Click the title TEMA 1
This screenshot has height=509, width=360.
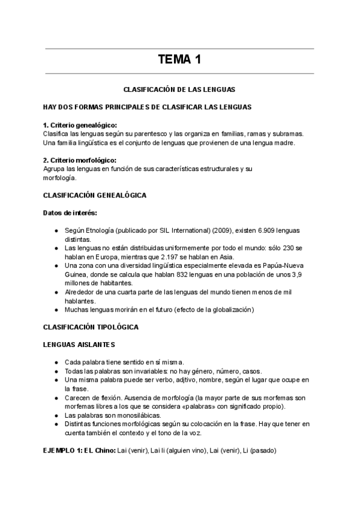pos(179,59)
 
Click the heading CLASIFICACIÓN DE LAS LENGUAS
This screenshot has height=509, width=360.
pos(179,89)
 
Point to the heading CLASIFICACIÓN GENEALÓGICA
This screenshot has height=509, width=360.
pos(94,196)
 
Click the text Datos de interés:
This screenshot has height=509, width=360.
pos(70,213)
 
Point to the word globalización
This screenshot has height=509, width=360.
pos(232,310)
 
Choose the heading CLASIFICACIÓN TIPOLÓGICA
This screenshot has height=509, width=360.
pos(91,327)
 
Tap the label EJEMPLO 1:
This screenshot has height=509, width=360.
pos(62,450)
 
